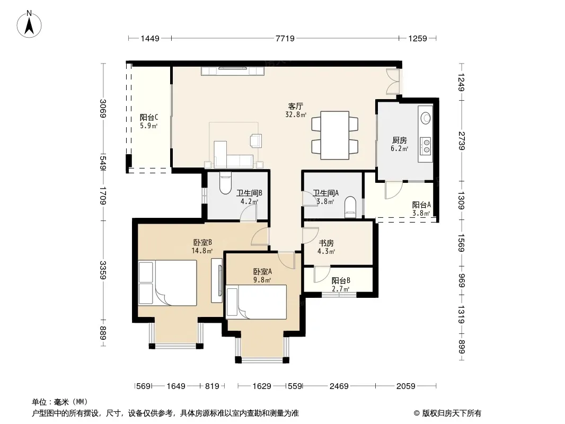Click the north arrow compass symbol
[29, 24]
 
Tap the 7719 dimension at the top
[285, 38]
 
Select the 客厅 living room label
[295, 107]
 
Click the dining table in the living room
[335, 136]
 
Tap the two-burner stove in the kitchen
[426, 145]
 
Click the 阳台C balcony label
[149, 118]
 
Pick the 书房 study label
[326, 243]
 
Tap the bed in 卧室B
[167, 283]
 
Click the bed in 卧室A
[256, 302]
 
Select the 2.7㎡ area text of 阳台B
[340, 289]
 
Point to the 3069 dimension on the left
[103, 109]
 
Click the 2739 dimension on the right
[462, 141]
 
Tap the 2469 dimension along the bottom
[339, 386]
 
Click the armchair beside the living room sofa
[256, 140]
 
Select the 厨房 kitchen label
[399, 140]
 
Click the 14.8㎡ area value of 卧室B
[202, 251]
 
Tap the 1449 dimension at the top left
[150, 38]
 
